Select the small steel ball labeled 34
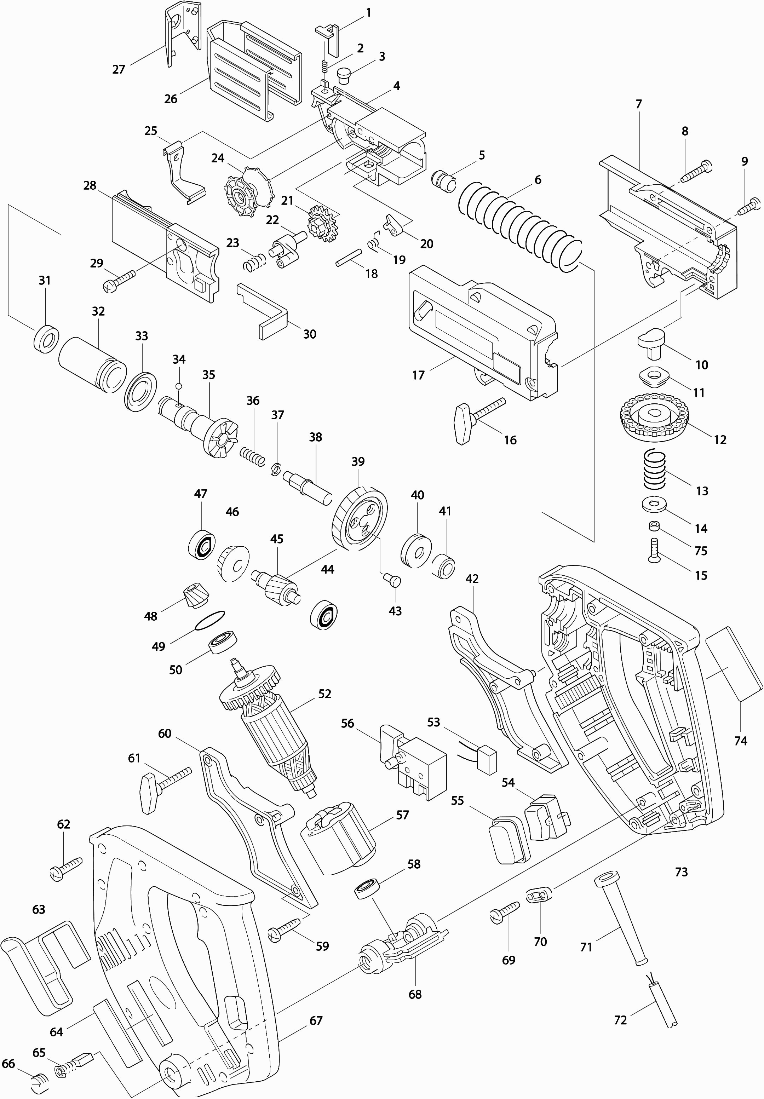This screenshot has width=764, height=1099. [179, 386]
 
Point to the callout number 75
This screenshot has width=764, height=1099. [700, 551]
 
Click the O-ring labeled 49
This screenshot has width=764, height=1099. [210, 621]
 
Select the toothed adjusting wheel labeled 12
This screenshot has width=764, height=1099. [653, 415]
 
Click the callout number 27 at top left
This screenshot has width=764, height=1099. [118, 69]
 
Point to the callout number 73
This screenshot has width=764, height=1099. [681, 871]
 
